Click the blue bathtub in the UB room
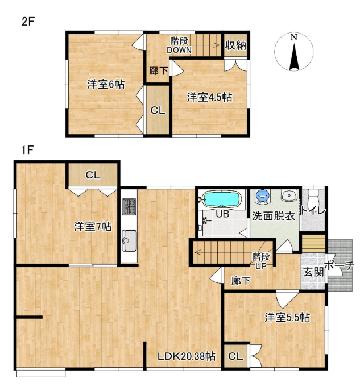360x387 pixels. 221,199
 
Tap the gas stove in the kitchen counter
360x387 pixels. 129,206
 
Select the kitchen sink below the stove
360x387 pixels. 129,240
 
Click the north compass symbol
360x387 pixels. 294,52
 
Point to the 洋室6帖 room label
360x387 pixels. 106,85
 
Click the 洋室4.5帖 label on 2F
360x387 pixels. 209,97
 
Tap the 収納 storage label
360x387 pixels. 235,45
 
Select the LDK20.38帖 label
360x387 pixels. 187,356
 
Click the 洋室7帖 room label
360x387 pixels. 93,227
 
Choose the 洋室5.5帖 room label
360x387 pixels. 287,318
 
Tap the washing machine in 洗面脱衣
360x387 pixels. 262,196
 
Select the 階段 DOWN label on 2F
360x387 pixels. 179,45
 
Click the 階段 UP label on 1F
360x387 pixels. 260,261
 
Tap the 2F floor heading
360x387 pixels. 27,22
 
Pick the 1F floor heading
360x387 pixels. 27,150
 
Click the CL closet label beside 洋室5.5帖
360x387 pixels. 235,356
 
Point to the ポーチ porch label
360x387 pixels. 340,265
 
